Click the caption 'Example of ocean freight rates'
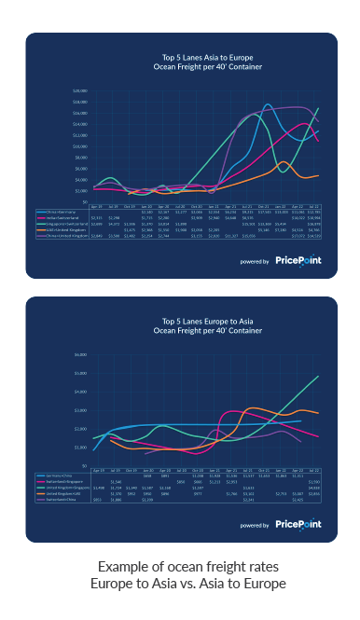click(x=180, y=568)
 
